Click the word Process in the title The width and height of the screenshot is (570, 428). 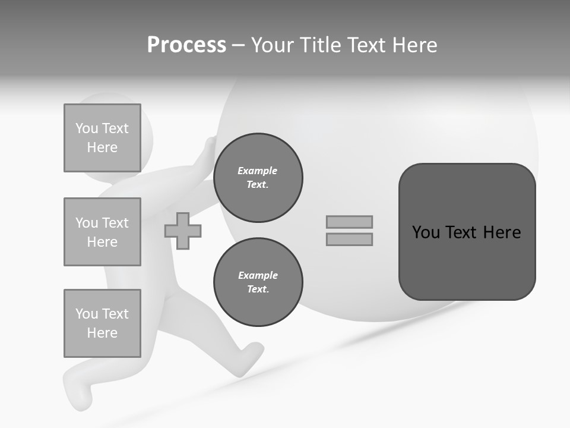point(186,45)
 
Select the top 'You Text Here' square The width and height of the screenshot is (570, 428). point(102,138)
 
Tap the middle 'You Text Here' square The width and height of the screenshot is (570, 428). point(102,232)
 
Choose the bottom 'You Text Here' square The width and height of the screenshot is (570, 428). point(102,323)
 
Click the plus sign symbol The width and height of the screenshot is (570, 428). point(183,231)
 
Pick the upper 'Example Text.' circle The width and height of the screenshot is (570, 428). point(258,178)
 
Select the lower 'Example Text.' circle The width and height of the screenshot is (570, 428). point(258,282)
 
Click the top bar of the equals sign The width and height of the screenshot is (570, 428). point(349,222)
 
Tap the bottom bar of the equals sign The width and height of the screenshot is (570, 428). point(349,240)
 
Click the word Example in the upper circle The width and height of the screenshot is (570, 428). point(258,171)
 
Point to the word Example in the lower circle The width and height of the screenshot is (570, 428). point(258,275)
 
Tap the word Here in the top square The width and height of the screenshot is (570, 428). point(102,147)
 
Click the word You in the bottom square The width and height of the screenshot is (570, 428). point(86,314)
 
